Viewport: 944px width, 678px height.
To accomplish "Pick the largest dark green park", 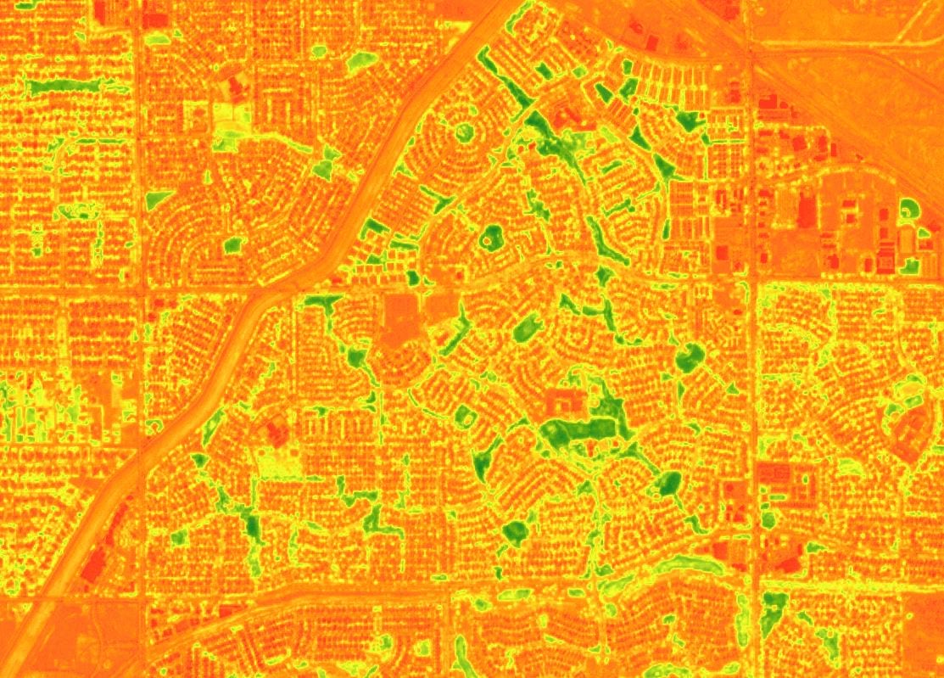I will coord(577,429).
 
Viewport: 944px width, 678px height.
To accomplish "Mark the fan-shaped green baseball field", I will coord(907,208).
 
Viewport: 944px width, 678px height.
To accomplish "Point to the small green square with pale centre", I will coord(464,416).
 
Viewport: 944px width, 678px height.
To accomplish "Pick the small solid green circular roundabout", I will coord(463,132).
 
